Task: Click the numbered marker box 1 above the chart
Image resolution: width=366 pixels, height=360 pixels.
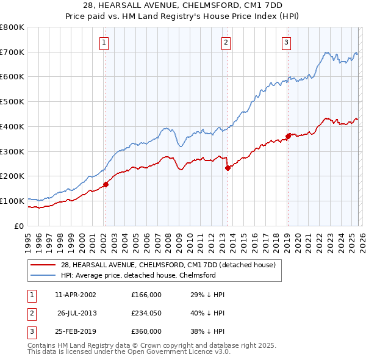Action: pyautogui.click(x=105, y=43)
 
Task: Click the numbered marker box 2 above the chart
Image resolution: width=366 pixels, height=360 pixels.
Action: pyautogui.click(x=226, y=43)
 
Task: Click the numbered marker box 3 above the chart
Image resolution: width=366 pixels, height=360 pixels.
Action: pyautogui.click(x=286, y=43)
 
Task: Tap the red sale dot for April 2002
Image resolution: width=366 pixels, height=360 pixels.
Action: pyautogui.click(x=106, y=184)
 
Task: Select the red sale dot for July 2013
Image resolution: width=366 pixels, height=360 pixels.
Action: pyautogui.click(x=228, y=167)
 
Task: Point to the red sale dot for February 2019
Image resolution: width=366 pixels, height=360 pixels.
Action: pyautogui.click(x=288, y=135)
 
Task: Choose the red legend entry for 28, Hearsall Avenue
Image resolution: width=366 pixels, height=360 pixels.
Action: pyautogui.click(x=168, y=265)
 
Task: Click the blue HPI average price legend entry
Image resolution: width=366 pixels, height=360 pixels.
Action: pyautogui.click(x=138, y=275)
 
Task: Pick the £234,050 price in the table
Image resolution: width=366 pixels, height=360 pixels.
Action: pyautogui.click(x=146, y=313)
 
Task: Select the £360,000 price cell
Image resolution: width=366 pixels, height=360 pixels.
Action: pyautogui.click(x=146, y=331)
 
